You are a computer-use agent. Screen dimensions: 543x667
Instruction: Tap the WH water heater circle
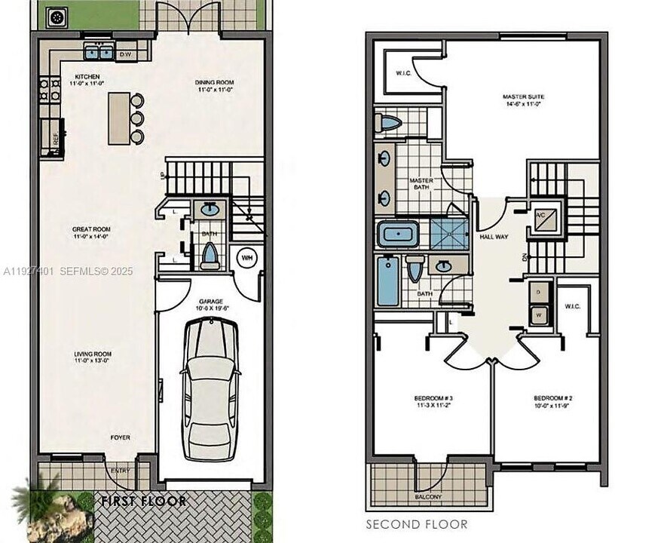(x=246, y=257)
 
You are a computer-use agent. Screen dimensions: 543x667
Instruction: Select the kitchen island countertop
(x=118, y=118)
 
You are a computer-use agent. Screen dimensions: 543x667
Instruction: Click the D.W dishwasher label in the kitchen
(x=125, y=54)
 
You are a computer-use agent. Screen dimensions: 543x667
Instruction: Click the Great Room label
(x=91, y=229)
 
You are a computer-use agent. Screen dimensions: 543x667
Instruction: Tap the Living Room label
(x=93, y=354)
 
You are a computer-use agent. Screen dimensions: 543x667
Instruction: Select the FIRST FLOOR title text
(x=143, y=500)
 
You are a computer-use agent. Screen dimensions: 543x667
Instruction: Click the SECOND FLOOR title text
(x=416, y=524)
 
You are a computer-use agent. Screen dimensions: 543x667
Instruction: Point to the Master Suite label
(x=523, y=97)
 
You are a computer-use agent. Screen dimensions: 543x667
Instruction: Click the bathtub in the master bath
(x=399, y=234)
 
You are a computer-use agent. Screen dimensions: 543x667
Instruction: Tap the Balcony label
(x=427, y=498)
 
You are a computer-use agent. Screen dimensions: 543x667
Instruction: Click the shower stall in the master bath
(x=450, y=234)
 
